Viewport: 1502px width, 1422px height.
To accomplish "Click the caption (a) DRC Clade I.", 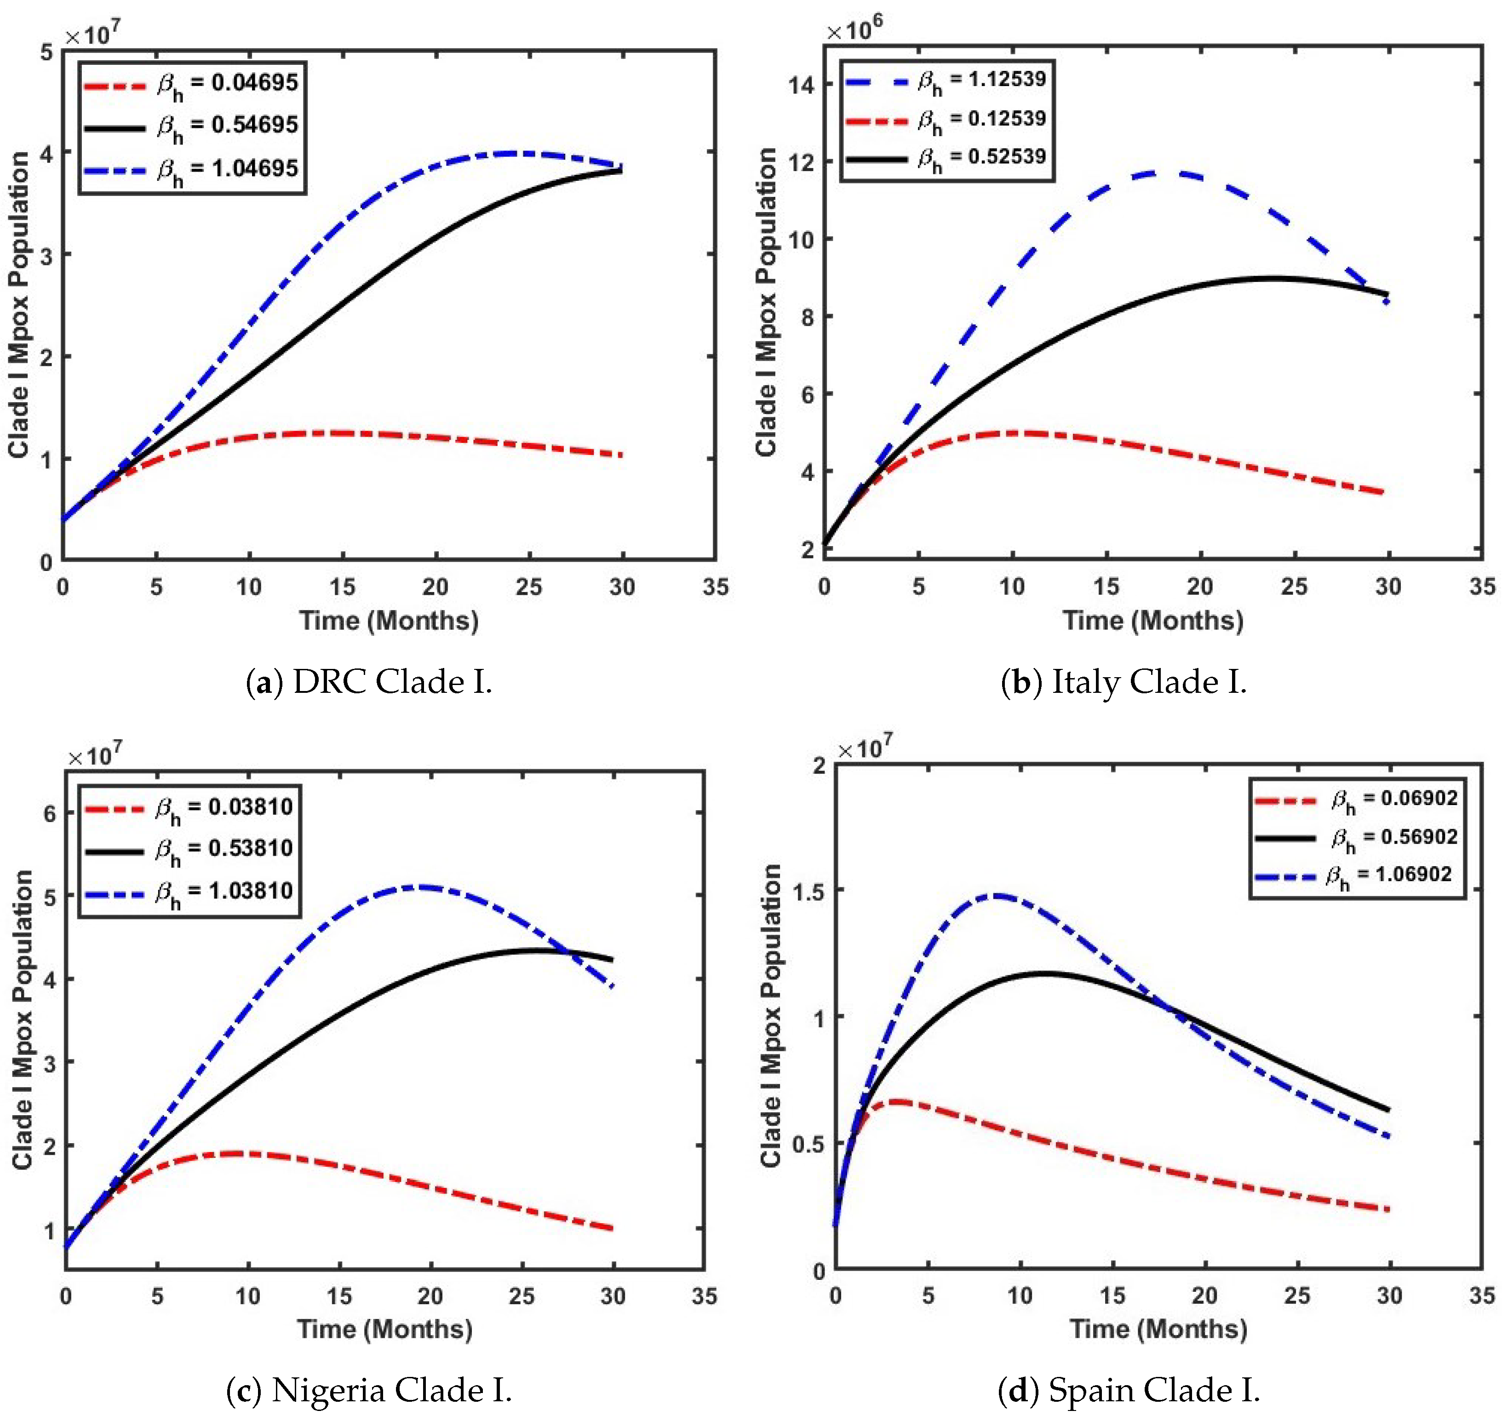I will (369, 682).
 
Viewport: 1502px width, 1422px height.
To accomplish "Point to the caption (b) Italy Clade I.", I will (1123, 682).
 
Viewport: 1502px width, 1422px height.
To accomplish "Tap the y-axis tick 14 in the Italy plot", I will (801, 85).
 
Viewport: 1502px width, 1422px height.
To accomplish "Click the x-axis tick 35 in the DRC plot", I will (715, 587).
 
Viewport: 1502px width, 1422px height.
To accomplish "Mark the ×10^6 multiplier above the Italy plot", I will (854, 30).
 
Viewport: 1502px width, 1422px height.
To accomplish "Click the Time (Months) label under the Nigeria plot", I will (384, 1329).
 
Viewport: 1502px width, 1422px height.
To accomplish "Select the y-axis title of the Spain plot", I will (771, 1016).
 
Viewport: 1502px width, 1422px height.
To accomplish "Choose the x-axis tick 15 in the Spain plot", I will (1112, 1295).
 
